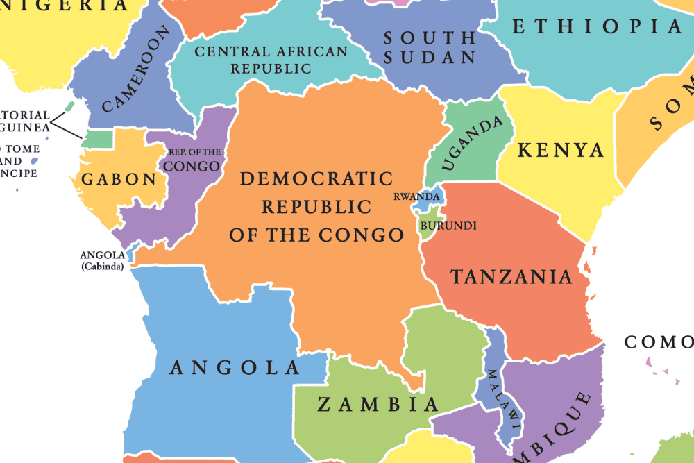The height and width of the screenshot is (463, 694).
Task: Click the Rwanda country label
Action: pyautogui.click(x=416, y=196)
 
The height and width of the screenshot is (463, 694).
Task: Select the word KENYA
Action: pyautogui.click(x=561, y=150)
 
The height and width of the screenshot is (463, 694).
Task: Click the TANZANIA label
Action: pyautogui.click(x=512, y=277)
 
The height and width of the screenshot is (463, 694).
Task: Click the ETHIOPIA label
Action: pyautogui.click(x=598, y=27)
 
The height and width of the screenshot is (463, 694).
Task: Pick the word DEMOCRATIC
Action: pyautogui.click(x=316, y=179)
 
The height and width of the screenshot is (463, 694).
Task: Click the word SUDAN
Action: pyautogui.click(x=430, y=57)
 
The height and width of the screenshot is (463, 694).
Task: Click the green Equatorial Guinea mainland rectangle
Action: pyautogui.click(x=96, y=139)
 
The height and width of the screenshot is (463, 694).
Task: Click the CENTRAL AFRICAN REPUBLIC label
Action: pyautogui.click(x=271, y=60)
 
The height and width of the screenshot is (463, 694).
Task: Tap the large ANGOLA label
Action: pyautogui.click(x=235, y=367)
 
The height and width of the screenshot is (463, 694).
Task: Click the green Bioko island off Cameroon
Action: pyautogui.click(x=69, y=107)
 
